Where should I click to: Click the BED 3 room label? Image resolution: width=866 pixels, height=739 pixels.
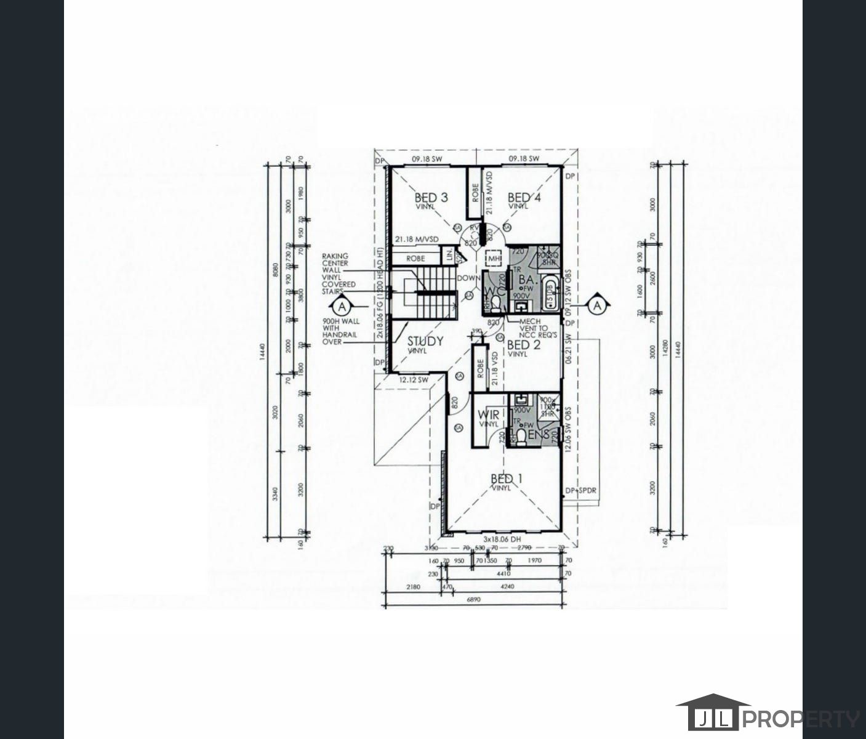tap(431, 198)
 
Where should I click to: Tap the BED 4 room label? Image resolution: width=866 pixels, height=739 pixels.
tap(519, 198)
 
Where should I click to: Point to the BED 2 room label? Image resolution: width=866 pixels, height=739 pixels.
tap(523, 345)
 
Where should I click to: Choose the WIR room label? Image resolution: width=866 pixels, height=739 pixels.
tap(489, 415)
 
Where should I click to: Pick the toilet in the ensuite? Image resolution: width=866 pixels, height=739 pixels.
tap(521, 435)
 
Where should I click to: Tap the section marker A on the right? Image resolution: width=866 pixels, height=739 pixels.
tap(596, 304)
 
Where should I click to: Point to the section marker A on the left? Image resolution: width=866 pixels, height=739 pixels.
tap(342, 305)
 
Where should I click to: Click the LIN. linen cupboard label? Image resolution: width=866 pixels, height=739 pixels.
tap(450, 254)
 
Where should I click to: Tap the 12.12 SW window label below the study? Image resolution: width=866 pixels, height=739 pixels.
tap(414, 381)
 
